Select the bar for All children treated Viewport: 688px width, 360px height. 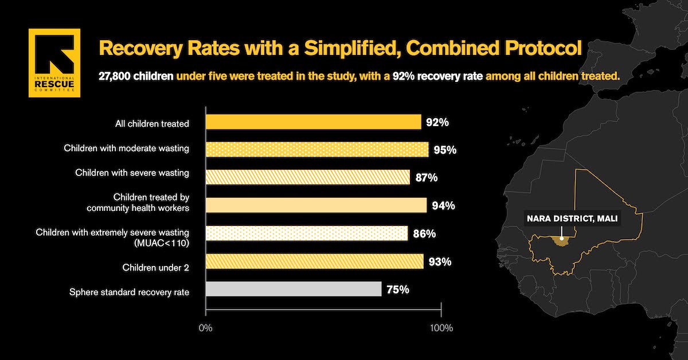(x=313, y=122)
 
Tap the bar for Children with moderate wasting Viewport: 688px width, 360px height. (x=316, y=150)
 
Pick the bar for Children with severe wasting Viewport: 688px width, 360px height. (x=307, y=177)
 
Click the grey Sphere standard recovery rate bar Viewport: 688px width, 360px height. (x=293, y=289)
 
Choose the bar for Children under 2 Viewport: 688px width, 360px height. (x=314, y=261)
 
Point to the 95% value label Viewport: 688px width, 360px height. (x=445, y=150)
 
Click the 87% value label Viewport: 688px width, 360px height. (x=426, y=178)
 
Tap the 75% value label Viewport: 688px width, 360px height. (x=397, y=289)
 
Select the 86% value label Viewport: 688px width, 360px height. (x=424, y=234)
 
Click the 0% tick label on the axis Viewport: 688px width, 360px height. (x=205, y=328)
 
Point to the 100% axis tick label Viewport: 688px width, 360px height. (x=441, y=328)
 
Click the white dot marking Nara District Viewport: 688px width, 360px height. (x=561, y=237)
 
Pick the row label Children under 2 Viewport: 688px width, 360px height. (x=155, y=268)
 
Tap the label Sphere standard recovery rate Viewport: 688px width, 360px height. (x=129, y=292)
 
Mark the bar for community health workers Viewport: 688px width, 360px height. (x=316, y=205)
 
